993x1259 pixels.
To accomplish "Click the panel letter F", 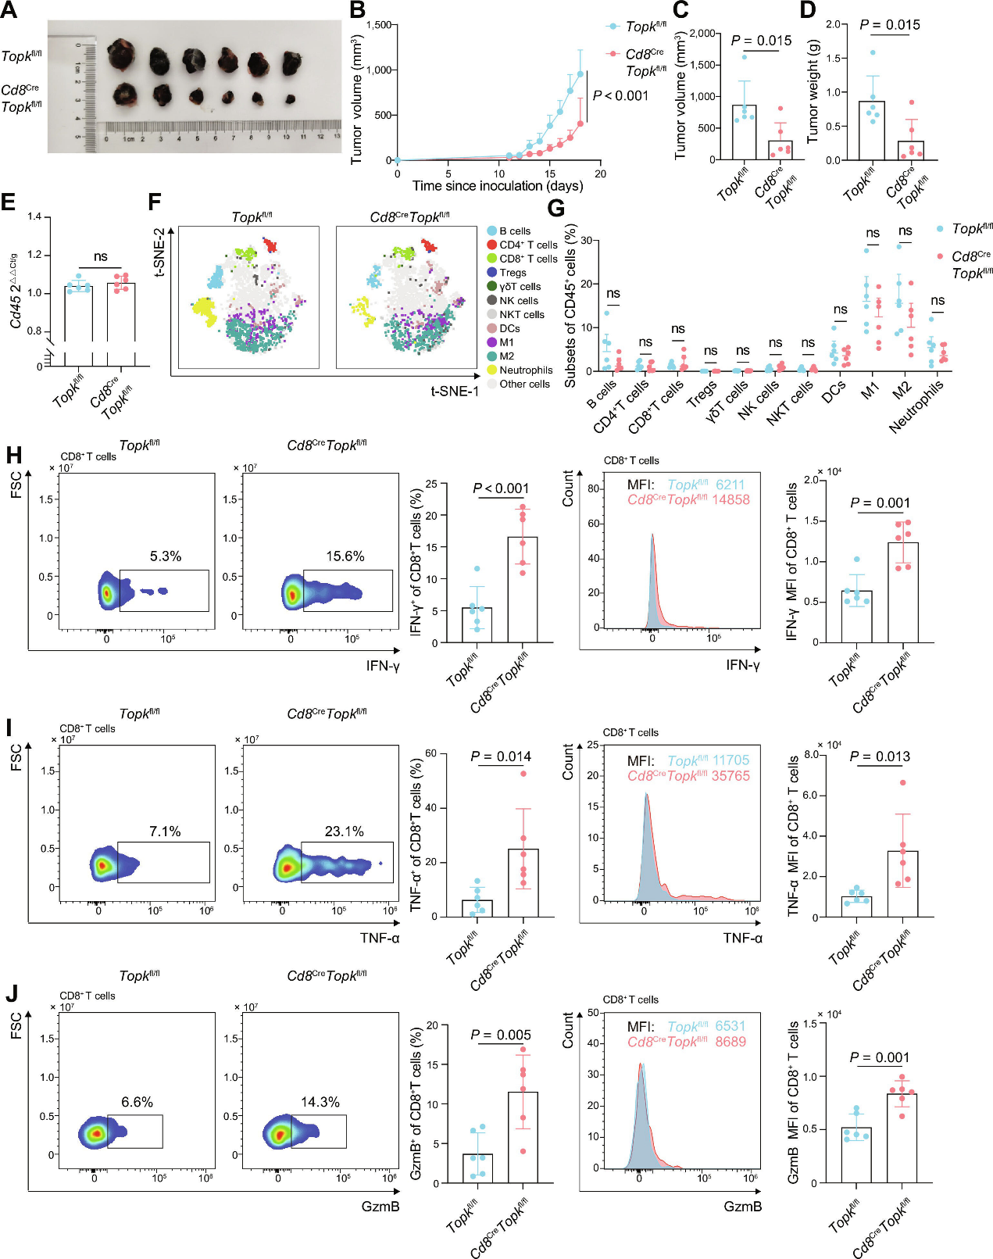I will pyautogui.click(x=155, y=202).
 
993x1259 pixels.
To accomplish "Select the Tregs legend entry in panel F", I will pyautogui.click(x=513, y=273).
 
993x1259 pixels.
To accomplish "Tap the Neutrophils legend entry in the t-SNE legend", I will pyautogui.click(x=525, y=370).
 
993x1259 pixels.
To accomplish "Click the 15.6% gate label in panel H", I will pyautogui.click(x=345, y=556).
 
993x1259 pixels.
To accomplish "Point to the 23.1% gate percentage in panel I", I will pyautogui.click(x=344, y=832).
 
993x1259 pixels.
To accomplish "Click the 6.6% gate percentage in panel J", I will pyautogui.click(x=137, y=1102).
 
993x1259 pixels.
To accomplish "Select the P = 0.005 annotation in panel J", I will pyautogui.click(x=501, y=1035).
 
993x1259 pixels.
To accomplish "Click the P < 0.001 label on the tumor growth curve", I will pyautogui.click(x=620, y=95).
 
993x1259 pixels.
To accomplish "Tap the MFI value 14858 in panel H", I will pyautogui.click(x=730, y=499).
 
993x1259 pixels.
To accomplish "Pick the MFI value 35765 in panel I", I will pyautogui.click(x=730, y=776).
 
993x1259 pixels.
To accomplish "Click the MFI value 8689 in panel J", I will pyautogui.click(x=730, y=1042).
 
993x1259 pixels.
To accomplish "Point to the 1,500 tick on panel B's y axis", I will pyautogui.click(x=378, y=25).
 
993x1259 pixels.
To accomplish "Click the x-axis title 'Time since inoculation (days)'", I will pyautogui.click(x=498, y=186).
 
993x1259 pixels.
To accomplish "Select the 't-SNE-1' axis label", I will pyautogui.click(x=455, y=391).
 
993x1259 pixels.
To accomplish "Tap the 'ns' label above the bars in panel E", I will pyautogui.click(x=100, y=256).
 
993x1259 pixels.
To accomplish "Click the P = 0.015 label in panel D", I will pyautogui.click(x=890, y=25).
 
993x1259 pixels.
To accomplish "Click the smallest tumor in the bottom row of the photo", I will pyautogui.click(x=290, y=100).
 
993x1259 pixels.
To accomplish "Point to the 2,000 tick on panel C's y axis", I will pyautogui.click(x=703, y=34).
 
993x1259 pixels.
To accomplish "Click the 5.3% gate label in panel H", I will pyautogui.click(x=166, y=556).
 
